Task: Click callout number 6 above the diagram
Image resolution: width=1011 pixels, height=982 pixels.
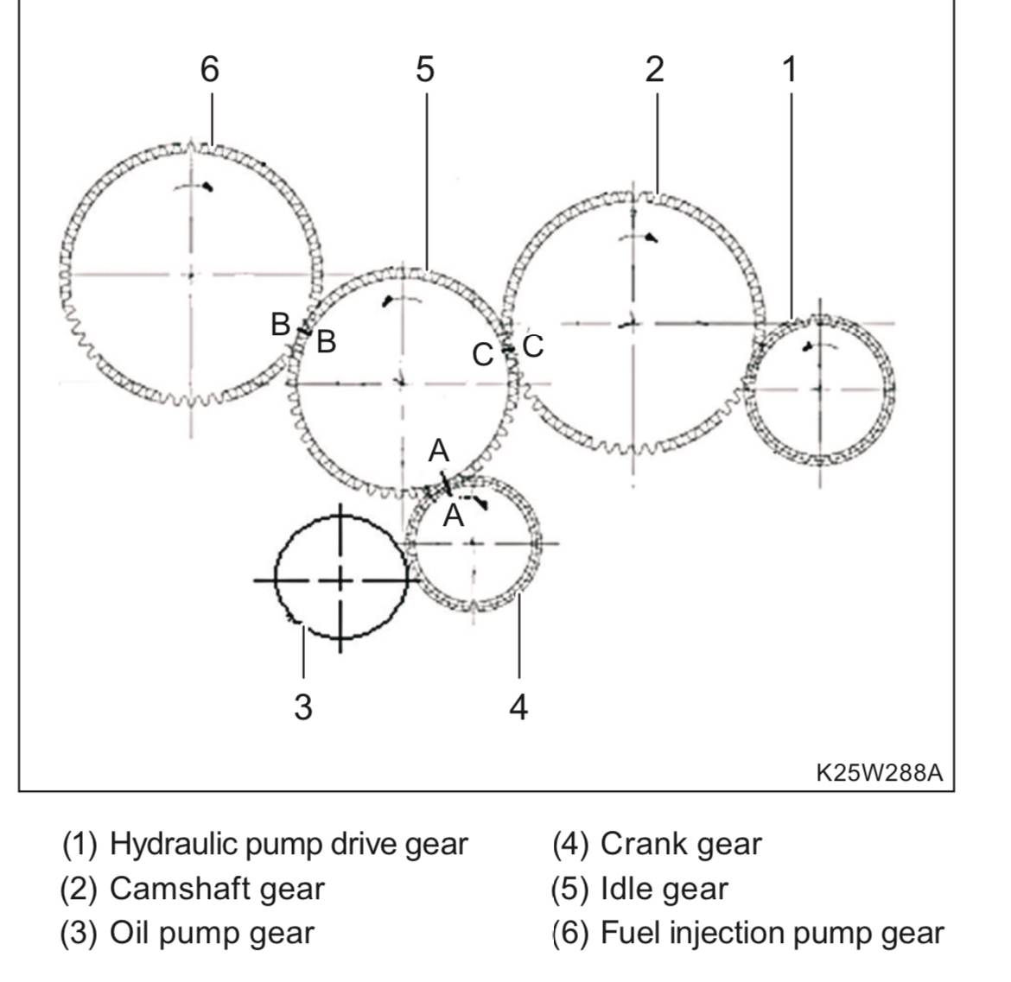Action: (x=210, y=69)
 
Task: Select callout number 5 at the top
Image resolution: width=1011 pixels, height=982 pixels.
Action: (x=425, y=69)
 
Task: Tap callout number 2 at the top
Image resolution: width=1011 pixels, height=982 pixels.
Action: (x=654, y=69)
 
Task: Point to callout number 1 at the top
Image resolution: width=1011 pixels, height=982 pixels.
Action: (x=790, y=69)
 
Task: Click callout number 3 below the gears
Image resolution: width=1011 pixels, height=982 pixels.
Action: (x=303, y=706)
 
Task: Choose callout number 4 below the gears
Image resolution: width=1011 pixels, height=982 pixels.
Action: (x=518, y=706)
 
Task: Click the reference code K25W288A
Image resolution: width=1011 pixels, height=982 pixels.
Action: (x=879, y=772)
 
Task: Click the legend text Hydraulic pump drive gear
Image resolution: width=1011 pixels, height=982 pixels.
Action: (x=289, y=844)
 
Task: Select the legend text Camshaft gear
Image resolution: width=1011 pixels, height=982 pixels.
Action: (x=217, y=889)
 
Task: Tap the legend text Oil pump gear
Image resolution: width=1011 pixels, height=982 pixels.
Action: (x=212, y=933)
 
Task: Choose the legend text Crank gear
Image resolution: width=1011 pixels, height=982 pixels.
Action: (x=681, y=844)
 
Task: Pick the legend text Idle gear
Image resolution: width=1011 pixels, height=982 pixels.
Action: (x=664, y=889)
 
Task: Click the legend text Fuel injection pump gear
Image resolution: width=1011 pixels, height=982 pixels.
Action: (x=772, y=933)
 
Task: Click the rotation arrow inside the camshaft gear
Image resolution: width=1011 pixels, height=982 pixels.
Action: (x=639, y=238)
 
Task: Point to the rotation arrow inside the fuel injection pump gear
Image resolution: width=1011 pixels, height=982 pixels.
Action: (x=194, y=187)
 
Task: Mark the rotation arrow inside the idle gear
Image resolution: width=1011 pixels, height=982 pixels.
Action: (x=403, y=300)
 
